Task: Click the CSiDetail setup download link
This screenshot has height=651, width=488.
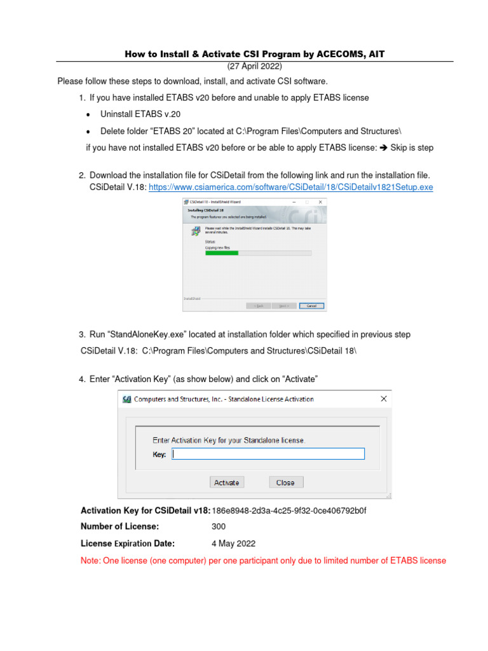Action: click(290, 188)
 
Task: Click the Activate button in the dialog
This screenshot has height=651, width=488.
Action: click(226, 483)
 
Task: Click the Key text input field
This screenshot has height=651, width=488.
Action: click(268, 454)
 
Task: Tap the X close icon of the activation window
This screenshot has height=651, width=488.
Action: click(384, 399)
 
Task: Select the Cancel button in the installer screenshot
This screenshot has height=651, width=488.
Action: click(311, 305)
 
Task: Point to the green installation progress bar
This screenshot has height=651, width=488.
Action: click(221, 253)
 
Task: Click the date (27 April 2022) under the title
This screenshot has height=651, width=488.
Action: click(255, 67)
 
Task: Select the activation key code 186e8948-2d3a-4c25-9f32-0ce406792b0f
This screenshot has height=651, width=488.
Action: click(289, 511)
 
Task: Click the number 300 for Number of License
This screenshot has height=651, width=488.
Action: click(219, 526)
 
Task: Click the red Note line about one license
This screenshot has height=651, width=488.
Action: click(263, 561)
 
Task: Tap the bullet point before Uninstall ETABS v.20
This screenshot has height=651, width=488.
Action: click(88, 114)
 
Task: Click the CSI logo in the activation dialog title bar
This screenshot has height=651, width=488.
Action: click(127, 399)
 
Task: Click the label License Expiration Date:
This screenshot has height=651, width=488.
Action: click(127, 544)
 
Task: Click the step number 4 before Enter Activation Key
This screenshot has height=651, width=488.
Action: click(82, 380)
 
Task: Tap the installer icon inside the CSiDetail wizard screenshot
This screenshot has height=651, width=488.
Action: click(195, 231)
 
